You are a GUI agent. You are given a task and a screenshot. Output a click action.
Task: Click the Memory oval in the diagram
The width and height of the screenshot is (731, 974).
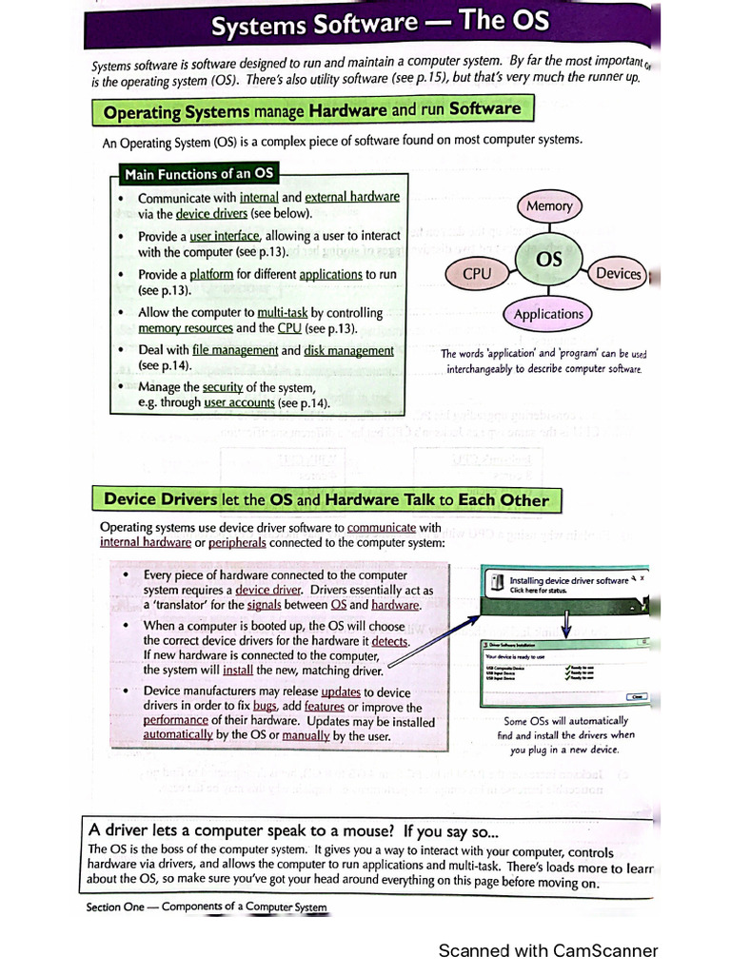pyautogui.click(x=549, y=205)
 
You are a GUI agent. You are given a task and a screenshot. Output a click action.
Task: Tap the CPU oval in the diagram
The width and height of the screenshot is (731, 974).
pyautogui.click(x=477, y=274)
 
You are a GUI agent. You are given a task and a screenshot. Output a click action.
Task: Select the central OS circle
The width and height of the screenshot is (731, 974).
pyautogui.click(x=549, y=259)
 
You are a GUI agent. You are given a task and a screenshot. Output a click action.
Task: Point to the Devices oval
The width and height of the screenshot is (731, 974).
pyautogui.click(x=619, y=274)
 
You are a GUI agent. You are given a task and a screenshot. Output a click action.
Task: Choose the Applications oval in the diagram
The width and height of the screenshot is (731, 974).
pyautogui.click(x=548, y=314)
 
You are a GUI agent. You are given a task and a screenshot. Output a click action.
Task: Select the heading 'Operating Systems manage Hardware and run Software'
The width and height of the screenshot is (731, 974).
pyautogui.click(x=311, y=110)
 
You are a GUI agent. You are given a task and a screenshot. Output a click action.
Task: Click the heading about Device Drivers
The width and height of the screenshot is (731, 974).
pyautogui.click(x=326, y=499)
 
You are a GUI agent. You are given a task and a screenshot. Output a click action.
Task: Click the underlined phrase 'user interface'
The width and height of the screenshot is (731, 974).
pyautogui.click(x=224, y=236)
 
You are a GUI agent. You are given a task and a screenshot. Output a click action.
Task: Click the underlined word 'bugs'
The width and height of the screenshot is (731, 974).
pyautogui.click(x=265, y=707)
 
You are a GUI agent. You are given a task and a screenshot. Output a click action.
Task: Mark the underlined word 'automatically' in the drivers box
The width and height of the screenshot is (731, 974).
pyautogui.click(x=178, y=735)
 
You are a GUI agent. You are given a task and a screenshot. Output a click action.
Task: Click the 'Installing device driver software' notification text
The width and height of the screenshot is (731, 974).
pyautogui.click(x=568, y=580)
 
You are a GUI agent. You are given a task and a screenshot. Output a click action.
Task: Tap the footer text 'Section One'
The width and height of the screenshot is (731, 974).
pyautogui.click(x=115, y=906)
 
